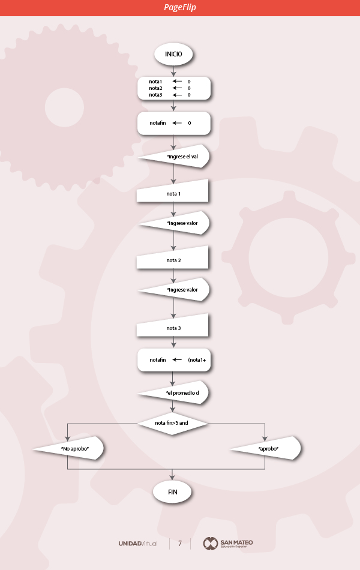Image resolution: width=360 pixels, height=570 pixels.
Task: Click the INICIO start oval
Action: point(174,53)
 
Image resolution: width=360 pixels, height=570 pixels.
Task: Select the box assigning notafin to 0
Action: point(173,123)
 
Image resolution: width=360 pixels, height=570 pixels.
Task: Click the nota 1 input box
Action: point(173,193)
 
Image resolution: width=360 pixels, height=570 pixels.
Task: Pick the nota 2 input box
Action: point(173,260)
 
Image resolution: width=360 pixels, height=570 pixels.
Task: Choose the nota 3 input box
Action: point(173,328)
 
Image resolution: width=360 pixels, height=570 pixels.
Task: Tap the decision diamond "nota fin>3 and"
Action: point(173,423)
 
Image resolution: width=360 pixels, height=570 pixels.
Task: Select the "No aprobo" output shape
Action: point(72,448)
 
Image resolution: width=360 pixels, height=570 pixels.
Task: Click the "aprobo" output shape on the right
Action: point(269,448)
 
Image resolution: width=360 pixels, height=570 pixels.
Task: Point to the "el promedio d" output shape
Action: point(179,393)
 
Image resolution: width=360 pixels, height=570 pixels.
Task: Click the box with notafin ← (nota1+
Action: point(174,360)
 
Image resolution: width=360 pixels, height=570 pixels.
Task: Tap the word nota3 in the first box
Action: point(156,95)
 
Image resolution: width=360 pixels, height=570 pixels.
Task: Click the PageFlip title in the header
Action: point(180,7)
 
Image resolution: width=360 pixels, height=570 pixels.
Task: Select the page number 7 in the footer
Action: point(179,544)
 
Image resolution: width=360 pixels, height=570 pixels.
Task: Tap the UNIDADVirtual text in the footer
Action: point(138,544)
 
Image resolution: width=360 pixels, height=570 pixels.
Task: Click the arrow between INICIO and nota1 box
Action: point(173,70)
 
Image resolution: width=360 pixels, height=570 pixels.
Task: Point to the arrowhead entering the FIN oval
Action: point(173,478)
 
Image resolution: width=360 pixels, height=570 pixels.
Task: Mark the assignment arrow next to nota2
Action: point(177,88)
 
